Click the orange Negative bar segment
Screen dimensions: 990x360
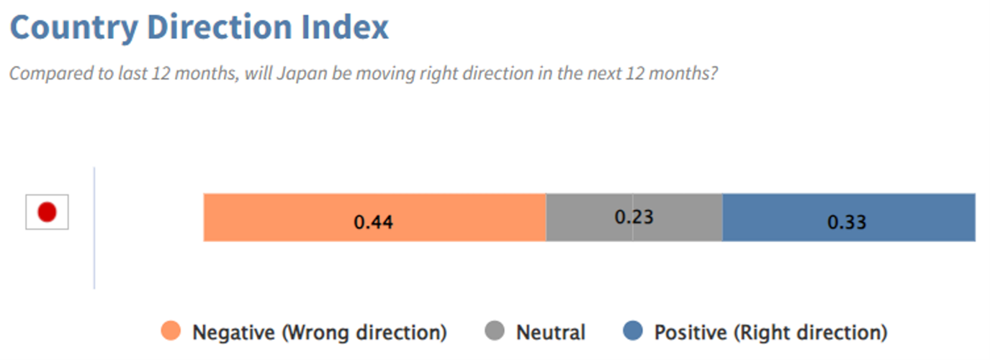pos(375,217)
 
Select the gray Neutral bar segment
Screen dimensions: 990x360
pos(634,217)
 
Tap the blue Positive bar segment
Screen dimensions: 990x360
pos(849,217)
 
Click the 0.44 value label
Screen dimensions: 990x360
pos(374,222)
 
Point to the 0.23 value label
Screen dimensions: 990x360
pos(634,217)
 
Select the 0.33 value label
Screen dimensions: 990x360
pos(847,222)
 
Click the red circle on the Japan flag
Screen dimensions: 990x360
pos(47,212)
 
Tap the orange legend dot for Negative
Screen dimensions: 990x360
pos(171,330)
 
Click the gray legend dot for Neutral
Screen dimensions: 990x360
pos(494,330)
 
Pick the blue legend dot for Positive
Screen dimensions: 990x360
pos(632,330)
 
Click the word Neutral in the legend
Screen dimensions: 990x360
pos(551,332)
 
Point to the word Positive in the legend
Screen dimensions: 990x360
pos(690,332)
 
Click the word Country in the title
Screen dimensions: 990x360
pos(74,28)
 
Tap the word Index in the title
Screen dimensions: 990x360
pos(345,27)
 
